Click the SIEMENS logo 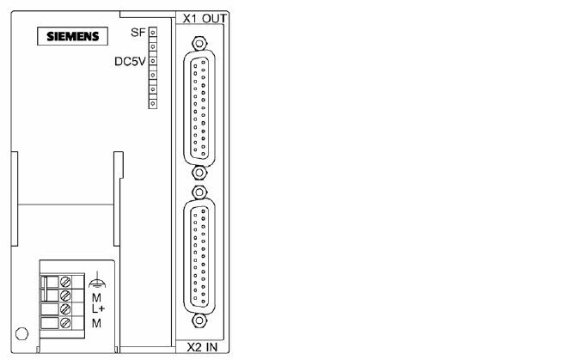click(73, 36)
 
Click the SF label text click(138, 33)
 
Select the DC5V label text click(130, 61)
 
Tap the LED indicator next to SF click(153, 32)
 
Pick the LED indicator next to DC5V click(153, 61)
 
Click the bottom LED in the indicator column click(153, 103)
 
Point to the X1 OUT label click(205, 18)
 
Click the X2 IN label click(202, 347)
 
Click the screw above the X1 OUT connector click(199, 44)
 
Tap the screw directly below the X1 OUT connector click(199, 173)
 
